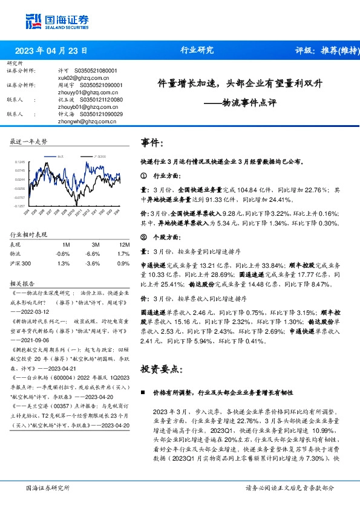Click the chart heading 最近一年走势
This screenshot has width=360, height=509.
[29, 141]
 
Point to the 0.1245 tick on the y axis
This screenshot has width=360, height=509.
[20, 162]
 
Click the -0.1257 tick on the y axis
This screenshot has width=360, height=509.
[20, 206]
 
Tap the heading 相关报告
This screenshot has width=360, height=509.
[22, 283]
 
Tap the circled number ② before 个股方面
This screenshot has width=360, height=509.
[143, 236]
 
